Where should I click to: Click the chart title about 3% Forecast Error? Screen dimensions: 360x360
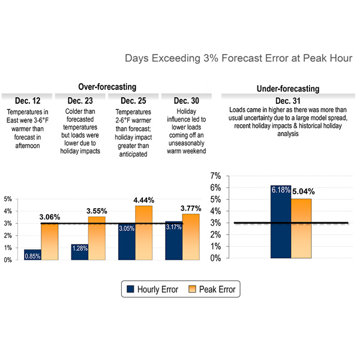[239, 59]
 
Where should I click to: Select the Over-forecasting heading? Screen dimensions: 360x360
[107, 87]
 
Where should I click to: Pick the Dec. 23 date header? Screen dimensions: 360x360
[79, 100]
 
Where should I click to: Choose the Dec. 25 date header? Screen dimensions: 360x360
[132, 100]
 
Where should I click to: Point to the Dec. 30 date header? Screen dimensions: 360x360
[186, 100]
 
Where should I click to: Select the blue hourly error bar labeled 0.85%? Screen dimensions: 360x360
[32, 254]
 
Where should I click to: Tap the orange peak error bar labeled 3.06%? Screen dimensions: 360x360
[49, 241]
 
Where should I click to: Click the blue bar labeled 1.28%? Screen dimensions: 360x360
[79, 252]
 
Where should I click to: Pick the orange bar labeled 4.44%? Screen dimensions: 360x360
[144, 233]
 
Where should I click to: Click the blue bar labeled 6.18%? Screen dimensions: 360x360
[281, 222]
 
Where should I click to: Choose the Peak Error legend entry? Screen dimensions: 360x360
[209, 289]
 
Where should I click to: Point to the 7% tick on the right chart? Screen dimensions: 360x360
[215, 176]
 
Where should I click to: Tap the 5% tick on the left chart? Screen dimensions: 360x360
[8, 199]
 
